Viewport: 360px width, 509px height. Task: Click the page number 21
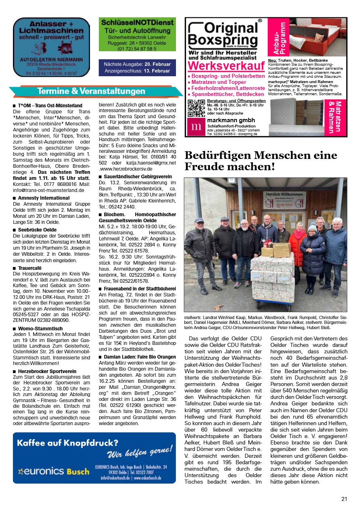[344, 499]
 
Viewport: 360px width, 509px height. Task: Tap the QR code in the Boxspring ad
[196, 108]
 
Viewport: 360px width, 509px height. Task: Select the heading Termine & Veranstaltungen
[91, 91]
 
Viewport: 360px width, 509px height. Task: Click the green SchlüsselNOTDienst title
[137, 23]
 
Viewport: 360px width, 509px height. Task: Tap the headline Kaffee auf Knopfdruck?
[67, 443]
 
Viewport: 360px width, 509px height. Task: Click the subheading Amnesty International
[44, 198]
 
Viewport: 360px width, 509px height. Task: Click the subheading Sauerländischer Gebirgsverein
[138, 177]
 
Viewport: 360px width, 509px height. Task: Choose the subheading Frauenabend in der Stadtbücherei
[140, 289]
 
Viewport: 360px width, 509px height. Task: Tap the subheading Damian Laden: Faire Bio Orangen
[140, 357]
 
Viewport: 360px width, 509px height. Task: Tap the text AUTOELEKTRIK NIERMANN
[51, 59]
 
